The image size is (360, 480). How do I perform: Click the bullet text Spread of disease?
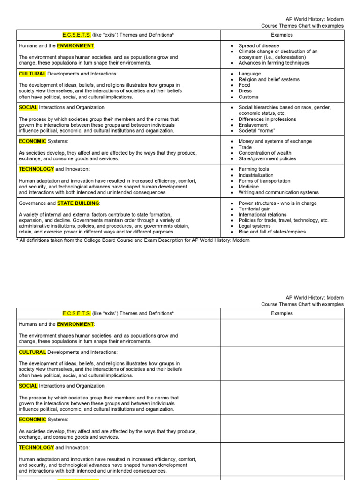coord(258,46)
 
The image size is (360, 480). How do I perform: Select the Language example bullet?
coord(249,74)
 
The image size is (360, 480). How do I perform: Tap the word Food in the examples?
coord(244,85)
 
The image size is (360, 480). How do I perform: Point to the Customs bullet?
coord(248,97)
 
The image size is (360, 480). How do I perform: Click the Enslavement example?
coord(253,125)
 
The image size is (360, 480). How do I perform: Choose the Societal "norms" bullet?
coord(256,131)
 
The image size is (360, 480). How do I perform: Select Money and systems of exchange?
coord(275,141)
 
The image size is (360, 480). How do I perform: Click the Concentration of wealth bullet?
coord(264,153)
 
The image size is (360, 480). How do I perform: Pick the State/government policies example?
coord(267,158)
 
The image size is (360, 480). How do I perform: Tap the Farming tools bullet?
coord(254,169)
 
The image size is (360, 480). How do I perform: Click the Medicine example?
coord(248,187)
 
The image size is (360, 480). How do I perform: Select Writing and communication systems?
coord(278,192)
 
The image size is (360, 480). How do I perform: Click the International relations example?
coord(262,215)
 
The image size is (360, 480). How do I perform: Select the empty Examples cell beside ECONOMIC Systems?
coord(282,428)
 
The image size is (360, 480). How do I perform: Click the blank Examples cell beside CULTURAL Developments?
coord(282,364)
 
